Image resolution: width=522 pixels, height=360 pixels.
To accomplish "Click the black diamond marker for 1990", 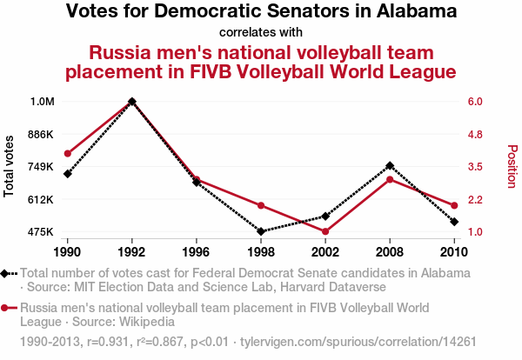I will (67, 174).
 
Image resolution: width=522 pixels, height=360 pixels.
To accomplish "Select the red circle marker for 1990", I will (67, 153).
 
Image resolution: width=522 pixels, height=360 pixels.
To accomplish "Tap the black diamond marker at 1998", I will (261, 231).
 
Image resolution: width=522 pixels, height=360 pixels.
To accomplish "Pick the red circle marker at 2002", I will (325, 231).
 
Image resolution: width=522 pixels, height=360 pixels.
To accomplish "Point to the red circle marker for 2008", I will (390, 179).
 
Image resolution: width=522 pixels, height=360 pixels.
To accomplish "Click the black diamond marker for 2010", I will (454, 222).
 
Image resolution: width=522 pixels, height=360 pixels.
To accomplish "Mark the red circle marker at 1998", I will (261, 205).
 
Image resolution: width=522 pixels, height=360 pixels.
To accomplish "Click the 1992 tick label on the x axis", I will (131, 252).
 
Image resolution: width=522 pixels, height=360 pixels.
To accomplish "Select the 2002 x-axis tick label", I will (325, 252).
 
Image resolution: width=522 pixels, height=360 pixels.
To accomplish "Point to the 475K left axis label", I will (41, 232).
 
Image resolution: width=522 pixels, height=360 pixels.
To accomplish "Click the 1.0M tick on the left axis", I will (42, 102).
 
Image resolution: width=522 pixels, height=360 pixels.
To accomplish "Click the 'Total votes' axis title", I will (10, 166).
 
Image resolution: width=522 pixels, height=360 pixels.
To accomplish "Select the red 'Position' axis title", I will (512, 166).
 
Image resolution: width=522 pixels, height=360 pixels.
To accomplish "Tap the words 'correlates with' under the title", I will (261, 32).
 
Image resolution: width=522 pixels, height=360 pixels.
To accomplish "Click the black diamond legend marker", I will (6, 273).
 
